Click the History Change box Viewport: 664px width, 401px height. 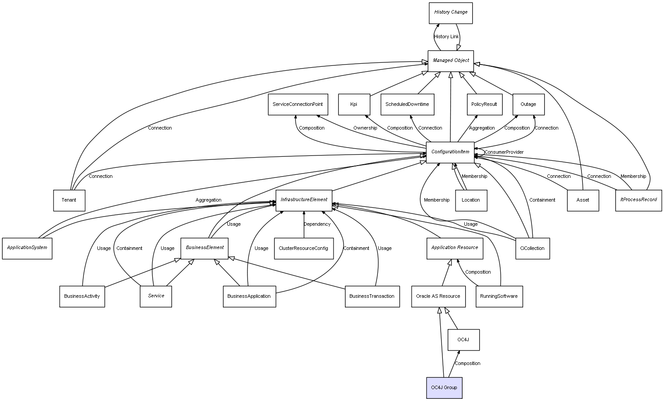click(451, 13)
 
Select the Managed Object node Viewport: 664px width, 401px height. click(451, 61)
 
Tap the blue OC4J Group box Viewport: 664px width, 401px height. click(444, 388)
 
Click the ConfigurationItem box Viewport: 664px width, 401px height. click(450, 152)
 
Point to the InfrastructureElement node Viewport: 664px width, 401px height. click(304, 200)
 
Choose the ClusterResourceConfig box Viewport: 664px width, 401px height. click(303, 249)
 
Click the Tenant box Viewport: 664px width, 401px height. click(69, 200)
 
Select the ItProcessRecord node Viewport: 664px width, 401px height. click(638, 200)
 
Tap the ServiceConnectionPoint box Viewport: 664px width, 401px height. click(298, 105)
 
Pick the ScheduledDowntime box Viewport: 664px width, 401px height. click(407, 105)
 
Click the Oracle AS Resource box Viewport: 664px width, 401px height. click(438, 296)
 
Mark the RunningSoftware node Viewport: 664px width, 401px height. click(499, 296)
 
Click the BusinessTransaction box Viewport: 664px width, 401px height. click(372, 296)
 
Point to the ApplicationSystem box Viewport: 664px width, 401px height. click(27, 248)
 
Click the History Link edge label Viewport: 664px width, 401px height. click(446, 37)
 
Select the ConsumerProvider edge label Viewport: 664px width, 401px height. click(504, 152)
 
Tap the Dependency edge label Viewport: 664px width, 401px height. click(317, 224)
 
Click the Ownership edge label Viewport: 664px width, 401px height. click(365, 128)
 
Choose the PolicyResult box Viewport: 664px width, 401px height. click(484, 105)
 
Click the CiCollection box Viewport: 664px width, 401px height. click(532, 249)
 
